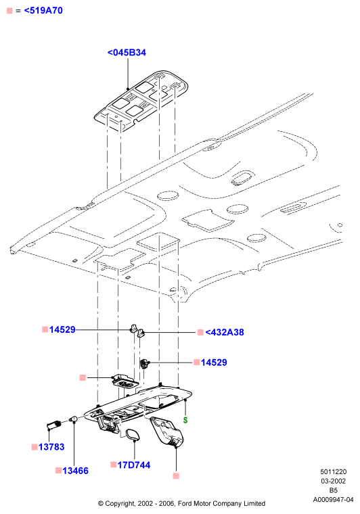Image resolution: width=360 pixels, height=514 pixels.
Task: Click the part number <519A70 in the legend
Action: [x=43, y=11]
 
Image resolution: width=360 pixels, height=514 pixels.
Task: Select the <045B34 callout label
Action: [x=127, y=53]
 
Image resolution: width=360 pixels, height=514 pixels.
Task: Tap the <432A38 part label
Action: [x=225, y=332]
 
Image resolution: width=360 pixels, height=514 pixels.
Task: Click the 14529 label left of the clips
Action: [x=62, y=329]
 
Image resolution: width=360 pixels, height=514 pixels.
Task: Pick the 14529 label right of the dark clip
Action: [x=214, y=363]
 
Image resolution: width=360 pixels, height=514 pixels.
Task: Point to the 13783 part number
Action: [x=51, y=447]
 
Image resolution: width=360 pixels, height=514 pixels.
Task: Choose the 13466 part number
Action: [x=75, y=471]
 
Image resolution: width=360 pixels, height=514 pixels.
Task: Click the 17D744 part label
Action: [x=134, y=465]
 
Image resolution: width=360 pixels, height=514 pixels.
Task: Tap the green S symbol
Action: [x=185, y=420]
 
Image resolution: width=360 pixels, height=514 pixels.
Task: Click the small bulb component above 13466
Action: [x=74, y=419]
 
